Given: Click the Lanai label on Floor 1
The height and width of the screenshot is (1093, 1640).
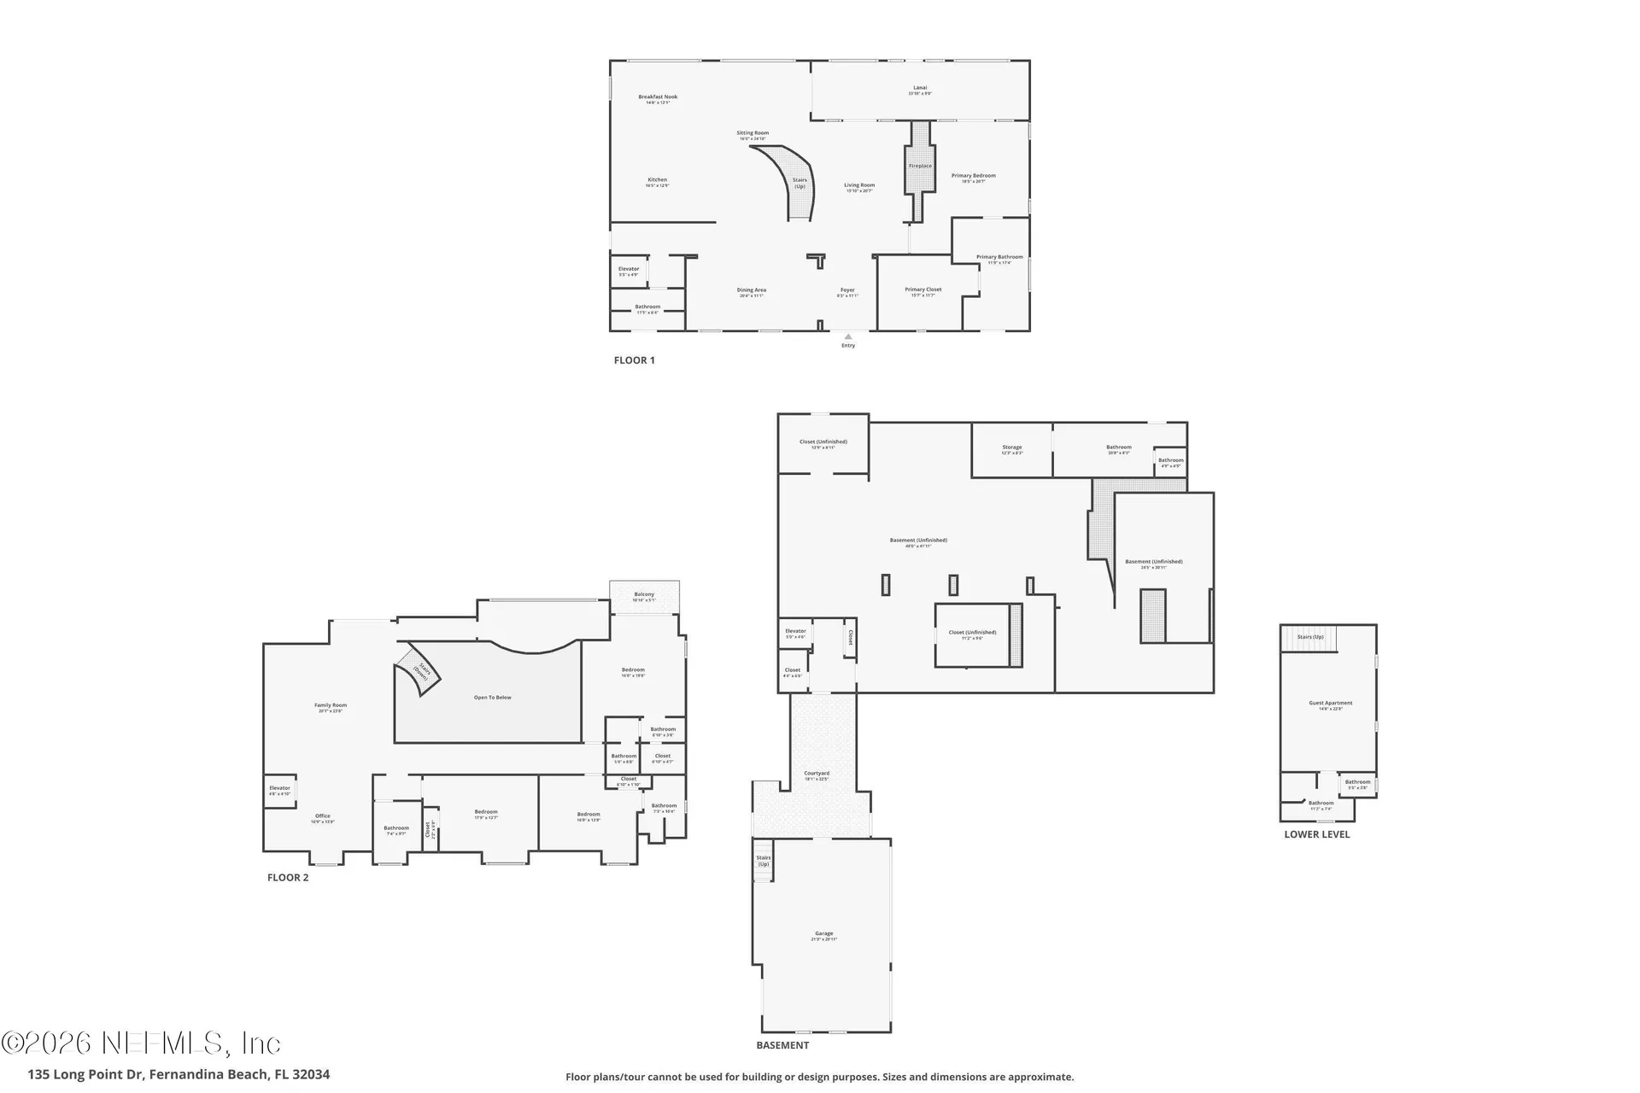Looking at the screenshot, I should pyautogui.click(x=919, y=89).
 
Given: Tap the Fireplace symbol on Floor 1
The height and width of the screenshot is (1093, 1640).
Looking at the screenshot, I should pyautogui.click(x=920, y=166).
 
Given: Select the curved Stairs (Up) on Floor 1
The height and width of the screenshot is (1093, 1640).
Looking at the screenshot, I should pyautogui.click(x=796, y=184).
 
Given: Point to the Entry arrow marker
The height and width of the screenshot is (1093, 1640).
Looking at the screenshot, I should pyautogui.click(x=848, y=336).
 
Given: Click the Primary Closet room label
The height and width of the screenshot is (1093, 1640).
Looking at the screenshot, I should pyautogui.click(x=922, y=291).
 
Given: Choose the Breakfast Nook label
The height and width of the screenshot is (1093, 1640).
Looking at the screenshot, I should pyautogui.click(x=658, y=98).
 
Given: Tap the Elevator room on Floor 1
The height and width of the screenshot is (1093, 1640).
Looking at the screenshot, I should pyautogui.click(x=629, y=272).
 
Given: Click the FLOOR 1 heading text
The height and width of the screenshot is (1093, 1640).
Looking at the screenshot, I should pyautogui.click(x=634, y=360).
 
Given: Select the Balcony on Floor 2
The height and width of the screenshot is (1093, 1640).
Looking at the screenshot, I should pyautogui.click(x=644, y=596).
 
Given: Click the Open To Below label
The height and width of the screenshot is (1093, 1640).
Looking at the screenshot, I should pyautogui.click(x=492, y=698).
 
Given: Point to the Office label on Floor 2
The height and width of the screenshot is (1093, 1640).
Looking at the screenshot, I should pyautogui.click(x=322, y=817).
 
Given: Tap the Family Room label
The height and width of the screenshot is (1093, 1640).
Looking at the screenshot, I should pyautogui.click(x=331, y=707).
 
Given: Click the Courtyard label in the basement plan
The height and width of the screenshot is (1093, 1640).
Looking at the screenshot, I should pyautogui.click(x=817, y=774).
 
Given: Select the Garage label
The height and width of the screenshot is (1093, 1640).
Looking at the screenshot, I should pyautogui.click(x=823, y=935).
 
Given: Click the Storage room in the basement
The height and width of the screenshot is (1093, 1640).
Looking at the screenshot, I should pyautogui.click(x=1011, y=449).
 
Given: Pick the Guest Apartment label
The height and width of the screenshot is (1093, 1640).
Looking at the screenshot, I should pyautogui.click(x=1330, y=704).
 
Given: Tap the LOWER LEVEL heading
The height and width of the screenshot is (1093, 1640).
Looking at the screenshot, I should pyautogui.click(x=1316, y=834).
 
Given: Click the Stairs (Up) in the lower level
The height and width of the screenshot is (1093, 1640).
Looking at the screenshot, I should pyautogui.click(x=1310, y=637).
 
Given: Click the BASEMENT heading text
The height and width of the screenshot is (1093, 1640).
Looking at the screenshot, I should pyautogui.click(x=782, y=1045).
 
